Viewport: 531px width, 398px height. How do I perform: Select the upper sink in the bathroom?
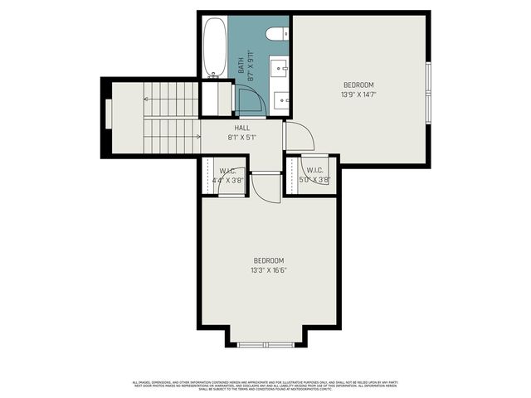(x=280, y=66)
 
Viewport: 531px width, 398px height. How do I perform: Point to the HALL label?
(x=242, y=128)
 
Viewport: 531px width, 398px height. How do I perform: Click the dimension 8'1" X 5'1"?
(x=242, y=138)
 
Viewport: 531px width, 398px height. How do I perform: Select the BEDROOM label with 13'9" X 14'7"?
(x=358, y=85)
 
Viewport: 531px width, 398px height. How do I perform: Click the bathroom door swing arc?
(x=251, y=99)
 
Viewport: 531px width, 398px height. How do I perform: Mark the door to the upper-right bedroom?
(x=297, y=138)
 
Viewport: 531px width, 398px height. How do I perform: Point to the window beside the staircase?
(x=106, y=116)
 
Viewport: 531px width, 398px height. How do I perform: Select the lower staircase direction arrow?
(x=170, y=136)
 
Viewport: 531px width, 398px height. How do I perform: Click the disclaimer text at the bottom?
(x=265, y=385)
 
